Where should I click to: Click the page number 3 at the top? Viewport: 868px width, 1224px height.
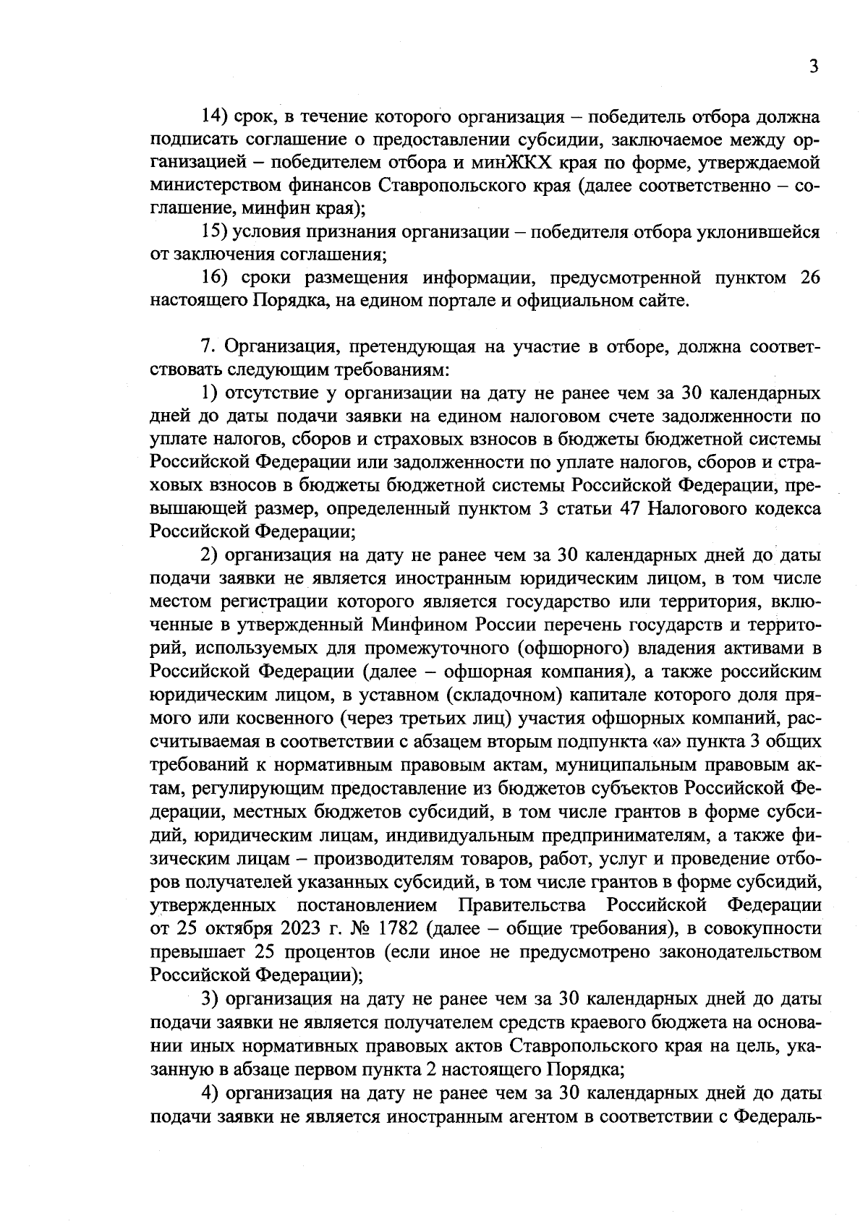click(814, 67)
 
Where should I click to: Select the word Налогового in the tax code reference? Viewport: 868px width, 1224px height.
click(692, 509)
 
